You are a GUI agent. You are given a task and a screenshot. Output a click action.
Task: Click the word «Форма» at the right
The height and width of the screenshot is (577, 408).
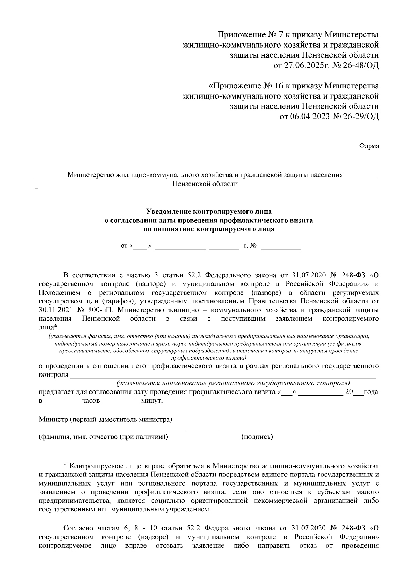tap(369, 146)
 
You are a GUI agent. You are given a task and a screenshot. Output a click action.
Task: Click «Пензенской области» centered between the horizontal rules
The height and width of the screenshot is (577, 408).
tap(205, 184)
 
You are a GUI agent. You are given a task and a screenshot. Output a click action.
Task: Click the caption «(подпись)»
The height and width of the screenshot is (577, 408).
tap(257, 437)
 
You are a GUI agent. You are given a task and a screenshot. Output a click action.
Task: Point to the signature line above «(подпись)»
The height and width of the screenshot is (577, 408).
tap(269, 431)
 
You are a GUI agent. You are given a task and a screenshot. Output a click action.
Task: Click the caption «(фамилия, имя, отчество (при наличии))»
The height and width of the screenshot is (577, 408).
tap(103, 437)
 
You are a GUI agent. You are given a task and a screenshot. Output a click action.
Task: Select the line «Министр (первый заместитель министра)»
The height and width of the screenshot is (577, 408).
tap(105, 419)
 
